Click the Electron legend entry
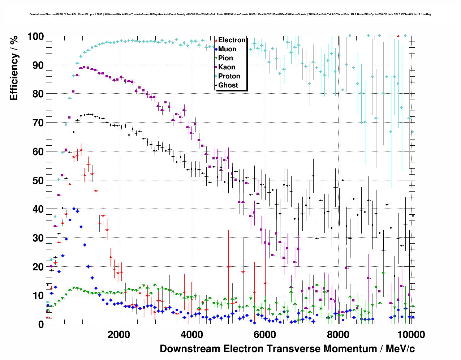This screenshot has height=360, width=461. (232, 40)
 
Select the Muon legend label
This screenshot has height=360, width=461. (227, 49)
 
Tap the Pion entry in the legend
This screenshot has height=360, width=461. (225, 58)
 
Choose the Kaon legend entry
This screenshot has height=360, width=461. (227, 67)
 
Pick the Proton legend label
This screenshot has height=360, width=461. (229, 76)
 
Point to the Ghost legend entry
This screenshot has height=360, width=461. (228, 85)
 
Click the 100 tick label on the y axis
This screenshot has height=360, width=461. (35, 37)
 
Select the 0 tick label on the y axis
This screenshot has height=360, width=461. (41, 325)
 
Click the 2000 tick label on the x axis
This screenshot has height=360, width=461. (119, 334)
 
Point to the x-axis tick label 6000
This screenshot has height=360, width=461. (264, 334)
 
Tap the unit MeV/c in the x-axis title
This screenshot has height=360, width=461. (400, 349)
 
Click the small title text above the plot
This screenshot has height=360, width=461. (230, 14)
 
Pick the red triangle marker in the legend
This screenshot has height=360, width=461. (216, 40)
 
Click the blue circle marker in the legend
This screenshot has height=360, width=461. (216, 49)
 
